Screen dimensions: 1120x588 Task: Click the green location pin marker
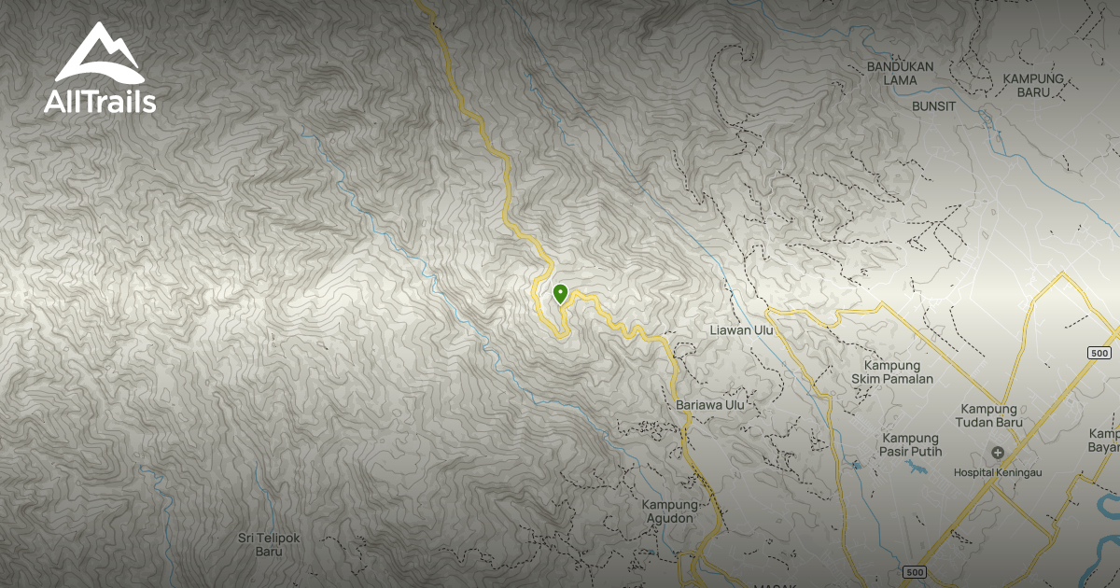pyautogui.click(x=560, y=294)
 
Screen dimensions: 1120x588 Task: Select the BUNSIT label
pyautogui.click(x=934, y=106)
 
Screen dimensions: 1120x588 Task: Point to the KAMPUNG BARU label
pyautogui.click(x=1033, y=86)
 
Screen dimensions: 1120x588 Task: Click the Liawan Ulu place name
pyautogui.click(x=743, y=330)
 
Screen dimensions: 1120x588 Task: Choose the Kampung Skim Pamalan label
pyautogui.click(x=891, y=371)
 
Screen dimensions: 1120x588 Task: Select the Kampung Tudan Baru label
pyautogui.click(x=992, y=415)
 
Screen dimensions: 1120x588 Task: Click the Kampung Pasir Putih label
pyautogui.click(x=912, y=445)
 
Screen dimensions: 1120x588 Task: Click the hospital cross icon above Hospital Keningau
pyautogui.click(x=998, y=454)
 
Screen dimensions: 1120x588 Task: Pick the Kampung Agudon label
pyautogui.click(x=668, y=511)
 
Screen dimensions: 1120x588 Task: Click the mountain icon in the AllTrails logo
pyautogui.click(x=99, y=54)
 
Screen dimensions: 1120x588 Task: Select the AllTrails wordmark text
pyautogui.click(x=100, y=102)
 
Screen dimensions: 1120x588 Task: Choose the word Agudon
pyautogui.click(x=668, y=518)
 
